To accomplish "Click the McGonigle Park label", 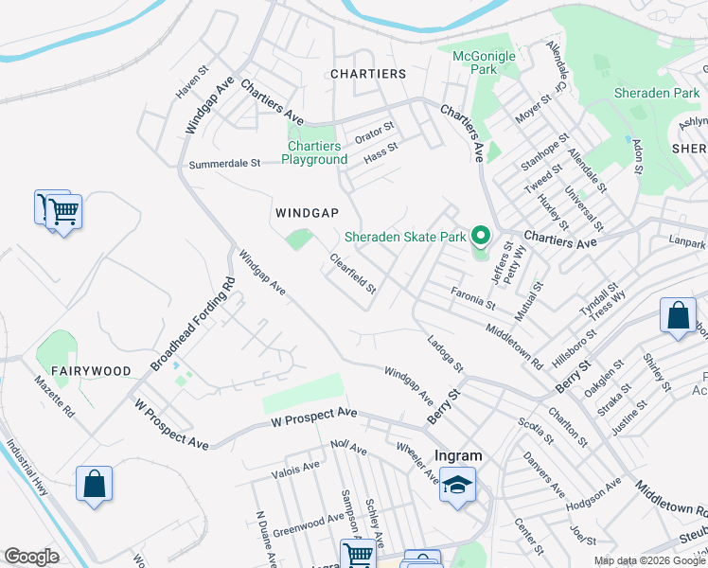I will point(484,62).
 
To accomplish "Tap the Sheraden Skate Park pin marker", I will point(481,236).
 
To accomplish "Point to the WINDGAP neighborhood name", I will point(307,213).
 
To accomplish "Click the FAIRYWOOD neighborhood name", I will point(91,371).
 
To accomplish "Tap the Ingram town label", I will point(458,455).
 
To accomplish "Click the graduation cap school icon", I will point(458,487).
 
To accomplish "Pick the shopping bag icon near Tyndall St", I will point(679,318).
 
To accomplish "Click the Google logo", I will point(31,557).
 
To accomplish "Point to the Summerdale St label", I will point(224,164).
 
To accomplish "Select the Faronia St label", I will point(472,299).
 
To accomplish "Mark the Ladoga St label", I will point(445,353).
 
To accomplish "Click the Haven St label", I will point(191,83).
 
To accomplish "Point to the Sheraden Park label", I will point(656,93).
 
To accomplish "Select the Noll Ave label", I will point(348,447).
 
